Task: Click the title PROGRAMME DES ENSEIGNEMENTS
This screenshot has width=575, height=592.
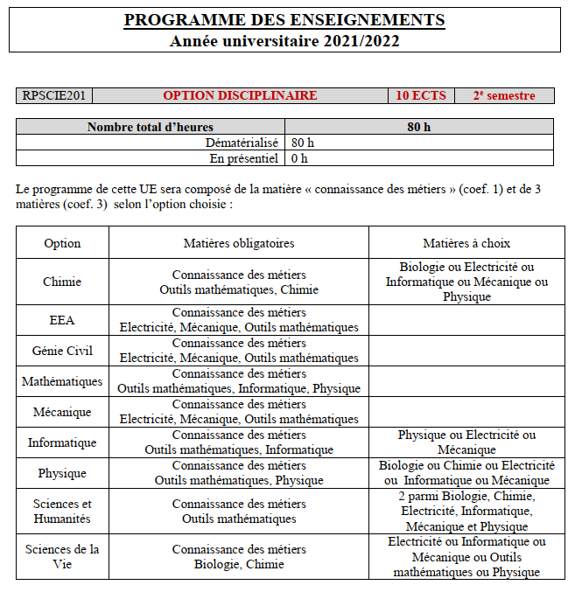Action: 284,20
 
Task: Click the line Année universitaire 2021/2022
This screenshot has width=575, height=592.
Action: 284,41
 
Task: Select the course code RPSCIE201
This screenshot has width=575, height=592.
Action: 54,96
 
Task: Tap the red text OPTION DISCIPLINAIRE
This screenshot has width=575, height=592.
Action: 240,96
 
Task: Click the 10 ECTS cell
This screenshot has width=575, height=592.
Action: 420,96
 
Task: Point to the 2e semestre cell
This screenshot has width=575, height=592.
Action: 504,96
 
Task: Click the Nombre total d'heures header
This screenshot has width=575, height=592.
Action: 151,127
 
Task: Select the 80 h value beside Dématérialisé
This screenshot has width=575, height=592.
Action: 303,143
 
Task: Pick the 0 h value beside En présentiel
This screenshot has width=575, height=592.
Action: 299,158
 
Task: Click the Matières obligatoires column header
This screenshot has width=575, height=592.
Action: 239,243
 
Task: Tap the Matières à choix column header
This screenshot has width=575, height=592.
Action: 466,243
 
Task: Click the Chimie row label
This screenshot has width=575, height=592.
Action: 62,282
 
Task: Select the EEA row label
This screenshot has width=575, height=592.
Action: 62,320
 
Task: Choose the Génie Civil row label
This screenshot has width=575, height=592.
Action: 62,351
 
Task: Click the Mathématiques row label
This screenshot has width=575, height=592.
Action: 62,381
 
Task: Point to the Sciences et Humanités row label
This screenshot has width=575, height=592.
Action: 62,512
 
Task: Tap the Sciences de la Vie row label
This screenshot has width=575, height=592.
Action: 62,557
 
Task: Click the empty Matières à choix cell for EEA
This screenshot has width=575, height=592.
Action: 466,320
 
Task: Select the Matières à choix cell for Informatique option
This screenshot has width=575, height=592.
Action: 466,442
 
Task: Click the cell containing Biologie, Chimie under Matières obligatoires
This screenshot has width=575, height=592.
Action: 239,557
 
